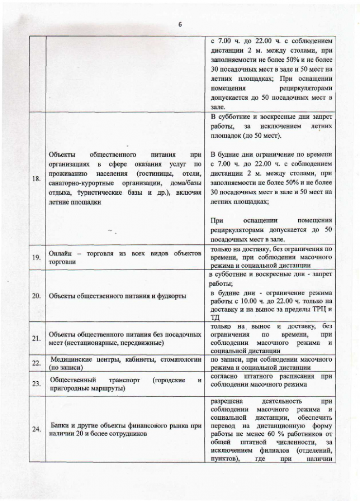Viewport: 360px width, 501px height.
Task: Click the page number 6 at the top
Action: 180,25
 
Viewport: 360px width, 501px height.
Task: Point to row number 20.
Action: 36,296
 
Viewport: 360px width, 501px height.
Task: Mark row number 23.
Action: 36,384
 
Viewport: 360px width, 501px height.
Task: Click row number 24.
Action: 36,429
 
